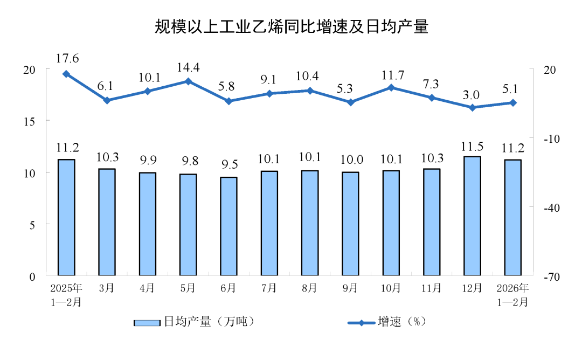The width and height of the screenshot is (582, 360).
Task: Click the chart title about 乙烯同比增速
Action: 291,26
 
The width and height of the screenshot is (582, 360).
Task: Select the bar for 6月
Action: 229,226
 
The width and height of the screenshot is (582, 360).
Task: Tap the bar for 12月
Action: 473,216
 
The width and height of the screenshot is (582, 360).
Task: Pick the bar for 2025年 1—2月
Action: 66,217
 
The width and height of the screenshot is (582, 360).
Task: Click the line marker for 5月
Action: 188,81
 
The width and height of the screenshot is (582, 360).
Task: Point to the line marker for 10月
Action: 391,87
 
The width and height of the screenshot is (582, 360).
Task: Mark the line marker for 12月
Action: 473,107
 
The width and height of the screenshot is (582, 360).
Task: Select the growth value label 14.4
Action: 188,67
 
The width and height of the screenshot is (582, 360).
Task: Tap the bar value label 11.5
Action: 473,146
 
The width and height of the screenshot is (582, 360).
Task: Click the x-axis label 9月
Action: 351,288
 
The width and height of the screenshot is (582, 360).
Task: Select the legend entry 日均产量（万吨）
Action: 194,322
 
